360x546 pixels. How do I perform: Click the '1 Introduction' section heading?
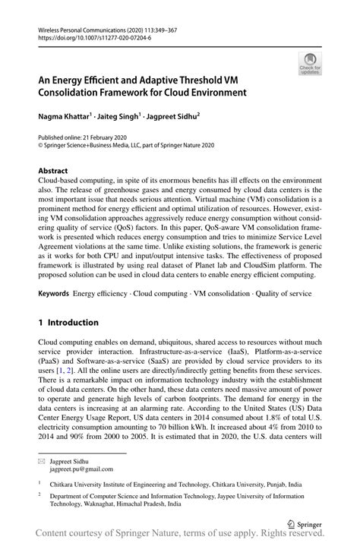tap(68, 322)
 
